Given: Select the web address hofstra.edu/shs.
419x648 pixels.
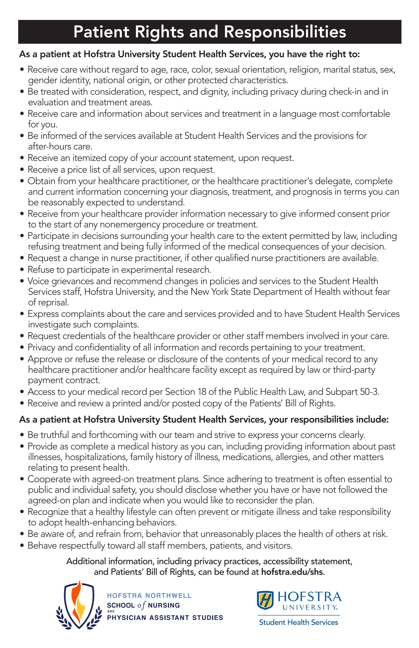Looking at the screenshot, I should (x=292, y=572).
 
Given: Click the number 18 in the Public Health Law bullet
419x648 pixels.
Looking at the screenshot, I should (x=201, y=392).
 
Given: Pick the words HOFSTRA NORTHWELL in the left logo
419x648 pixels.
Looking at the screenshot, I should (x=149, y=595).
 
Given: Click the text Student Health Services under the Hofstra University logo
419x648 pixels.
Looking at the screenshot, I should (x=298, y=622).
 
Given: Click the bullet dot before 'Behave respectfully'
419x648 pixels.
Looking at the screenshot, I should (x=22, y=546).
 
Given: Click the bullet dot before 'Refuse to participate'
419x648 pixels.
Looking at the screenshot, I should (x=22, y=270).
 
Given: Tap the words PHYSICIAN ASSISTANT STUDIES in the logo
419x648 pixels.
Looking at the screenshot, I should (x=165, y=617).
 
